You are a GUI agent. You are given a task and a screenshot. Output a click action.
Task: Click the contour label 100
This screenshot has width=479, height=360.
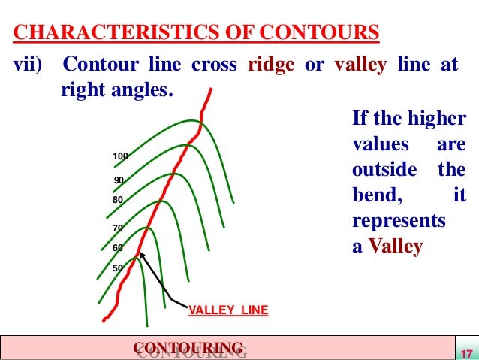120,156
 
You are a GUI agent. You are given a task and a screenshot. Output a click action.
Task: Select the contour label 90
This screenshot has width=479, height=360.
119,180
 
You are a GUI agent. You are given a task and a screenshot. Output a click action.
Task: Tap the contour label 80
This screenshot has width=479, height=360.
118,201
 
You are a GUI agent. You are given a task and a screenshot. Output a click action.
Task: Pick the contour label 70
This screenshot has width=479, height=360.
118,227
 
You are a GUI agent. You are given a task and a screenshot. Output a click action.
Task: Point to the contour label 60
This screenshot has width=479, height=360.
118,247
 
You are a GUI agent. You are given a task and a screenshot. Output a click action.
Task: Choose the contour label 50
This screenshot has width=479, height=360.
118,268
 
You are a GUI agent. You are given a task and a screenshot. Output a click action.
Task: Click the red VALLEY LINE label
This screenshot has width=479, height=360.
227,309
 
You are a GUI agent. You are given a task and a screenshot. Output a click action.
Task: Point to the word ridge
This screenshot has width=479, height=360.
271,65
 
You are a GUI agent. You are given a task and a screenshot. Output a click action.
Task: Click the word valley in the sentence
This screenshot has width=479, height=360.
360,65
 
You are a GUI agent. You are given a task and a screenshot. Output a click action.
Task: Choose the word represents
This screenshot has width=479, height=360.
399,222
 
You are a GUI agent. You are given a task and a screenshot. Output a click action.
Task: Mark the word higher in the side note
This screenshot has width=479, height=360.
439,119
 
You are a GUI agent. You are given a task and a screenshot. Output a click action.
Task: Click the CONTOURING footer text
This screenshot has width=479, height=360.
188,346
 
